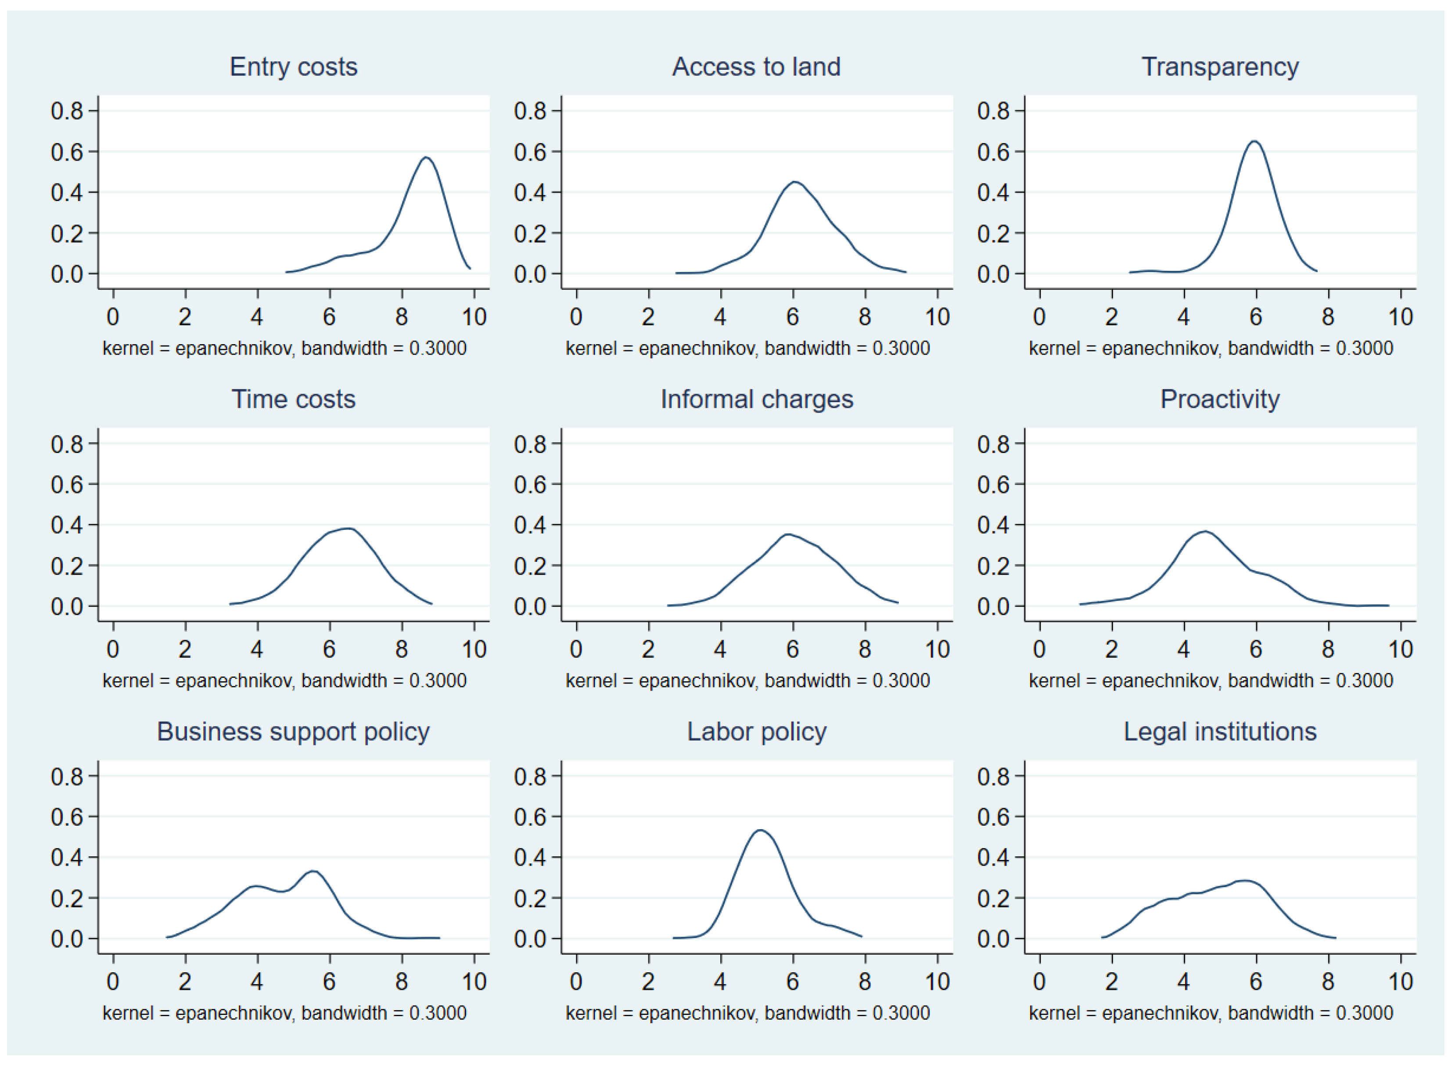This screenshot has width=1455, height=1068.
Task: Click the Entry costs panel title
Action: (x=294, y=67)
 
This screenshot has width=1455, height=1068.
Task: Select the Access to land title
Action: (x=756, y=67)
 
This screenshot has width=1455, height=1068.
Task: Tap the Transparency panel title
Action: (x=1220, y=67)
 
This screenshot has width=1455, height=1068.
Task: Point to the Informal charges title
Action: (x=756, y=399)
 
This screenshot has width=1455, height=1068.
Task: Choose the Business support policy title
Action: (x=294, y=732)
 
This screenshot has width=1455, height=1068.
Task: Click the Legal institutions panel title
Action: (x=1220, y=732)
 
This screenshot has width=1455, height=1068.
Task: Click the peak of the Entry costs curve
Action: (x=426, y=157)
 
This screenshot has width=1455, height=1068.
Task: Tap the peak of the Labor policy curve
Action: (x=760, y=830)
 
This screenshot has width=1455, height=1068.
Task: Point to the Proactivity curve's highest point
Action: (x=1205, y=532)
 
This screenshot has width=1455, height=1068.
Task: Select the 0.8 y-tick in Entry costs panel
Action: (x=67, y=111)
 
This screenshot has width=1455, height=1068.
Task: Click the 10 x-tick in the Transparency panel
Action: (x=1400, y=317)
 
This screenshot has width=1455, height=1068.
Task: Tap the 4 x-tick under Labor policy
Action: (x=720, y=982)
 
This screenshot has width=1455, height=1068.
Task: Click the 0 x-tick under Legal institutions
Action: (x=1039, y=982)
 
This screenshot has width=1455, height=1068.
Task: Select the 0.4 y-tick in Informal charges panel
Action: (x=530, y=525)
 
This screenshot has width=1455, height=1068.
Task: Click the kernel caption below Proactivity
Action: (x=1211, y=681)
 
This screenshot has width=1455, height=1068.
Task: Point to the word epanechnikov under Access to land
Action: (x=697, y=349)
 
